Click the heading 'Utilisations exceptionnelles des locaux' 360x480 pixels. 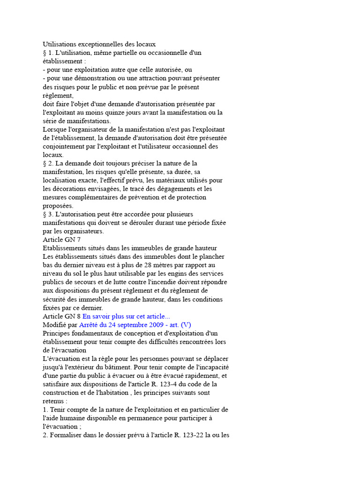click(x=99, y=45)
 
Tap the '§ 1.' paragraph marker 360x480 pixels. click(x=48, y=53)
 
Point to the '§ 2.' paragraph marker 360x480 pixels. click(x=48, y=163)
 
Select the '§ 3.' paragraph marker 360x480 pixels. click(x=48, y=214)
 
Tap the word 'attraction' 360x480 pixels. click(x=158, y=78)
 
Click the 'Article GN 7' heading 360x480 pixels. click(x=62, y=240)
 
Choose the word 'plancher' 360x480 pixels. click(x=212, y=257)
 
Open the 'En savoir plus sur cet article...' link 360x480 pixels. click(x=127, y=316)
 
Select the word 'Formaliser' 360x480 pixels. click(x=67, y=435)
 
